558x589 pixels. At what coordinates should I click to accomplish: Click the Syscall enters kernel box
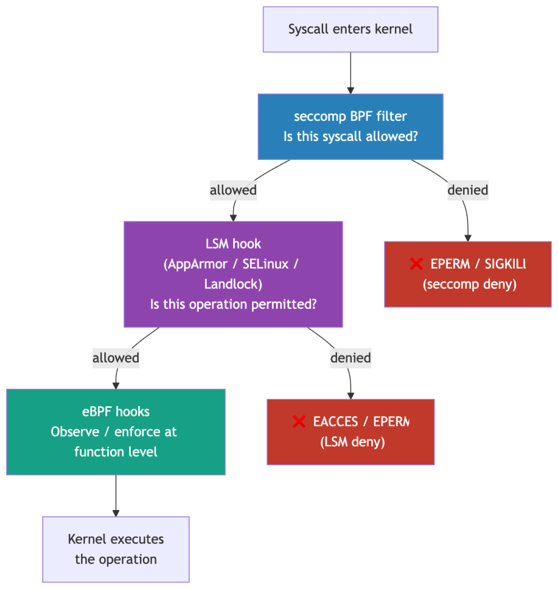(x=350, y=29)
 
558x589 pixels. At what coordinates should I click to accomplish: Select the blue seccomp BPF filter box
(x=350, y=127)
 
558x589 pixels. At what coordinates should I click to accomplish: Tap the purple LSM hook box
(x=233, y=274)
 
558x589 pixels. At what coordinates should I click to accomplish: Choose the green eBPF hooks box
(x=116, y=432)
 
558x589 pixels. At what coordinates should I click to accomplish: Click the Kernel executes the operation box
(x=116, y=549)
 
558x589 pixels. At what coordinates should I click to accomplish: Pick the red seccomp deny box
(x=468, y=274)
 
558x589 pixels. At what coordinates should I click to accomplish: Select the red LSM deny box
(x=350, y=432)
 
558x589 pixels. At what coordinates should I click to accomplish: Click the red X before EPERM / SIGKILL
(x=416, y=264)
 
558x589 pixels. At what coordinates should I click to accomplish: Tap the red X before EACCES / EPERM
(x=299, y=422)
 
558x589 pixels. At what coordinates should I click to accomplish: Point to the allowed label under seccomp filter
(x=233, y=190)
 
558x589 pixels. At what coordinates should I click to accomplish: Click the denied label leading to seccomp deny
(x=468, y=190)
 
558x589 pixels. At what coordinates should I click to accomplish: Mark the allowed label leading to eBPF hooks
(x=116, y=358)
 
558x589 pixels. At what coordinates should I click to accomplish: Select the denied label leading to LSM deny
(x=350, y=358)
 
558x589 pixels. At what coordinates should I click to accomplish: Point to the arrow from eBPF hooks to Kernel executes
(x=116, y=495)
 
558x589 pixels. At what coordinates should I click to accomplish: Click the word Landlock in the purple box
(x=233, y=284)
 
